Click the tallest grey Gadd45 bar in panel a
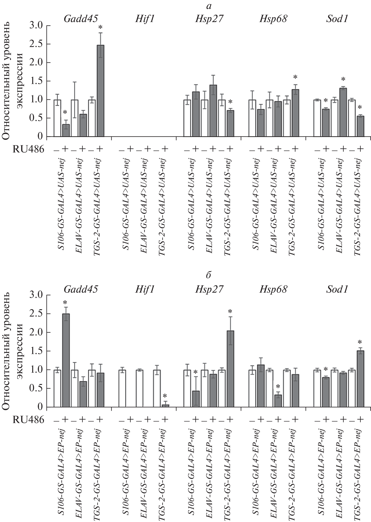(x=100, y=91)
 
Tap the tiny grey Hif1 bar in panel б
(x=166, y=405)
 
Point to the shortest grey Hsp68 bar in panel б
(x=278, y=401)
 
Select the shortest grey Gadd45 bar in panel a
(x=66, y=130)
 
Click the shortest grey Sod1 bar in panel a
(x=361, y=126)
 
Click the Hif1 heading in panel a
(x=144, y=19)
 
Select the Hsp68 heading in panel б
(x=273, y=289)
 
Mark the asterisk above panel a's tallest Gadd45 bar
(x=100, y=27)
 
